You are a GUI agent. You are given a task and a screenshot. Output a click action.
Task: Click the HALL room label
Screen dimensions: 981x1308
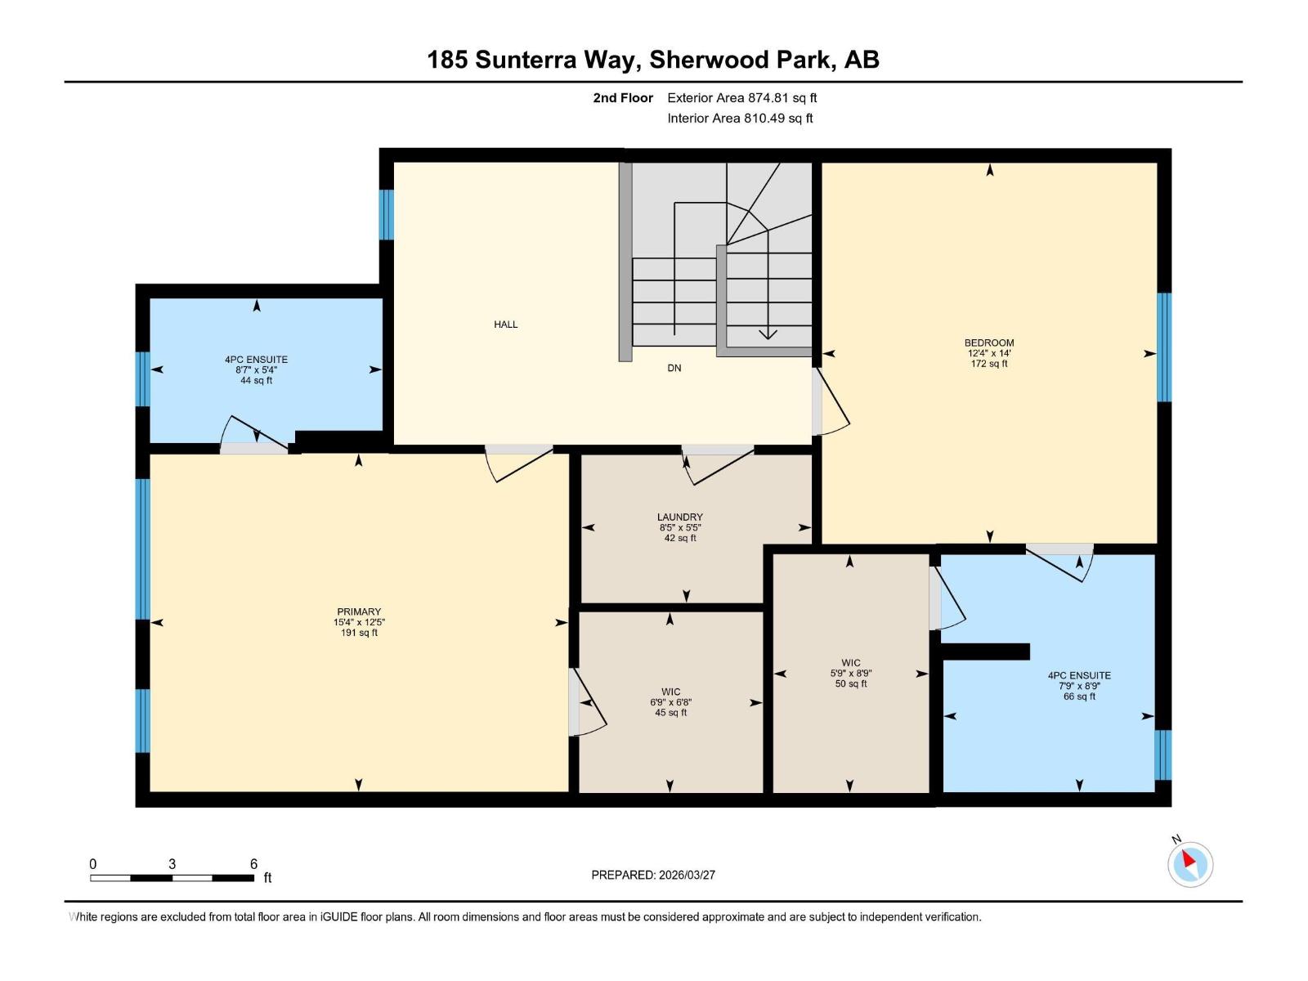pyautogui.click(x=505, y=325)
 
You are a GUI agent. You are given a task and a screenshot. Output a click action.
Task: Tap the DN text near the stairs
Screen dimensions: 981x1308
pyautogui.click(x=674, y=368)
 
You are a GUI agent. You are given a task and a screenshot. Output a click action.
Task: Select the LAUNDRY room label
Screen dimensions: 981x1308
pyautogui.click(x=679, y=517)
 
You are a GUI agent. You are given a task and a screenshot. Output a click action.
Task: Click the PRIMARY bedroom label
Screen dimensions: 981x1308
pyautogui.click(x=359, y=611)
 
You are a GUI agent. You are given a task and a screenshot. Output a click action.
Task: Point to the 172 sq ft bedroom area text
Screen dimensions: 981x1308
pyautogui.click(x=989, y=364)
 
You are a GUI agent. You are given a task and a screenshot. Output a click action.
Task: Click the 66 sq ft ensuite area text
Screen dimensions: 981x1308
pyautogui.click(x=1079, y=697)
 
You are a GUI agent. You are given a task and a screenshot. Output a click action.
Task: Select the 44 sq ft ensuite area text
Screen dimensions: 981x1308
pyautogui.click(x=256, y=380)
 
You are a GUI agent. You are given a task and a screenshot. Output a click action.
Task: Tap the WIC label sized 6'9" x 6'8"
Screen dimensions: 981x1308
pyautogui.click(x=670, y=692)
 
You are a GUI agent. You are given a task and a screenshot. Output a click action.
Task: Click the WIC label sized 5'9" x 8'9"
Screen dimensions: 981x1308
pyautogui.click(x=850, y=663)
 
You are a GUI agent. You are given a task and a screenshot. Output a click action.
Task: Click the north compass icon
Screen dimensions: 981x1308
pyautogui.click(x=1189, y=863)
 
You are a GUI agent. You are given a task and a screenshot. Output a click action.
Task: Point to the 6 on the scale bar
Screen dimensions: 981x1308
pyautogui.click(x=253, y=864)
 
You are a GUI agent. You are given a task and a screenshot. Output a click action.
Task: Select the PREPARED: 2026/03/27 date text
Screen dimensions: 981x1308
pyautogui.click(x=653, y=875)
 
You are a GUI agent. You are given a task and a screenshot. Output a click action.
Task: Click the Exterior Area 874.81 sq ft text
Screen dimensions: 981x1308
pyautogui.click(x=741, y=98)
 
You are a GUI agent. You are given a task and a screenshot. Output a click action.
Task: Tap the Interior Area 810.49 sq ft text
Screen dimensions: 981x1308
pyautogui.click(x=740, y=118)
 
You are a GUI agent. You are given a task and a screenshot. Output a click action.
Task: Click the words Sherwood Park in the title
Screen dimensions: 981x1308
pyautogui.click(x=743, y=60)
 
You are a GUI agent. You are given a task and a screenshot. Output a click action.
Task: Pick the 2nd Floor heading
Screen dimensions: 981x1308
pyautogui.click(x=623, y=98)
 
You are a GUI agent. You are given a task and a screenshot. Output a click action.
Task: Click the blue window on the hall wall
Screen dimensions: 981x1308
pyautogui.click(x=386, y=215)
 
